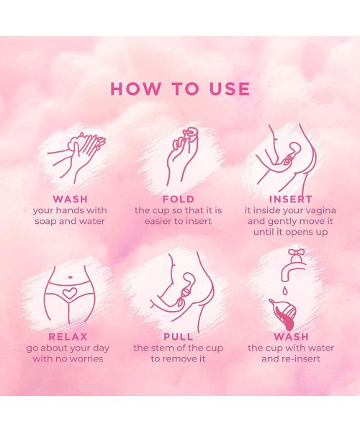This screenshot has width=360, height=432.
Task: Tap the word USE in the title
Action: click(227, 89)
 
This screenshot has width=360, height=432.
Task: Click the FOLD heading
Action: click(178, 199)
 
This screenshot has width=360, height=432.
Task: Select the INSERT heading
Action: click(289, 199)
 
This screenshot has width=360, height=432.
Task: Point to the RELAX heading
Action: click(68, 336)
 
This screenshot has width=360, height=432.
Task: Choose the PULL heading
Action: click(178, 336)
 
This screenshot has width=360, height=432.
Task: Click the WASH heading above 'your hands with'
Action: click(70, 199)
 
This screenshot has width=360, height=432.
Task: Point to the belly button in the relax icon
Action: click(69, 276)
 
